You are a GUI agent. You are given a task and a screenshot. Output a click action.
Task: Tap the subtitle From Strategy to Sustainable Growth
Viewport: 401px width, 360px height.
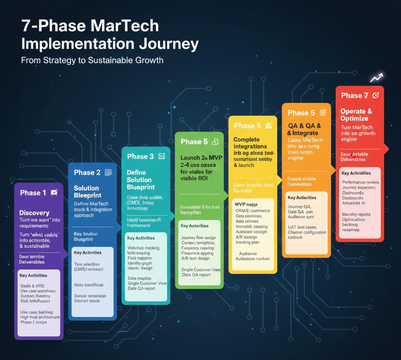(92, 60)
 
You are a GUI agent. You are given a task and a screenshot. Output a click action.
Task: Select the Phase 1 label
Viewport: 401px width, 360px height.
(33, 193)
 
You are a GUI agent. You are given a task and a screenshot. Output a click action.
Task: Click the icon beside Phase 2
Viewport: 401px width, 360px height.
(108, 172)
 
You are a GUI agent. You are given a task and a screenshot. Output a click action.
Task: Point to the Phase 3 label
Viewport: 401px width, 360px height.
(140, 157)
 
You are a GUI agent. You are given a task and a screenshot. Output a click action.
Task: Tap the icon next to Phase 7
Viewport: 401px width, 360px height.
(375, 95)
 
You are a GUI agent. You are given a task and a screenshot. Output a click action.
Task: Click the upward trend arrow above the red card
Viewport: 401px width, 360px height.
(376, 78)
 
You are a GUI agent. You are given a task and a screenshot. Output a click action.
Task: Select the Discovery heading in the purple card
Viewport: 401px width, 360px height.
(34, 213)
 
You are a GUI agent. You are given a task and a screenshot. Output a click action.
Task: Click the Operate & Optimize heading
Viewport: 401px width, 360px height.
(356, 115)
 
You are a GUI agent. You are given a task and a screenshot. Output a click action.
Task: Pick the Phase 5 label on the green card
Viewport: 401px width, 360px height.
(194, 142)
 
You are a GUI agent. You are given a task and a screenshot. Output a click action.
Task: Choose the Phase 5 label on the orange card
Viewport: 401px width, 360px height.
(301, 113)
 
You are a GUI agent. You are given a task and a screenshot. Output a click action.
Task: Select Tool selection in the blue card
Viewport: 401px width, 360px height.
(87, 264)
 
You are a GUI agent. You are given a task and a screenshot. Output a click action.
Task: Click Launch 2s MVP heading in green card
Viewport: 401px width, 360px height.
(201, 158)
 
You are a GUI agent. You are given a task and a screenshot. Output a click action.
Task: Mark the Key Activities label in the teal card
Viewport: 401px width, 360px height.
(141, 238)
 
